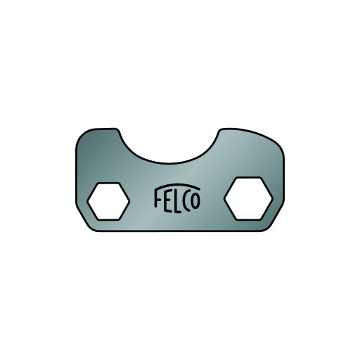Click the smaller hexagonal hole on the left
coord(108,201)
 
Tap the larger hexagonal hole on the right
coord(248,198)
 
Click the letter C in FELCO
coord(186,202)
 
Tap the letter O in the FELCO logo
coord(195,201)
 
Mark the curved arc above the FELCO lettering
coord(177,185)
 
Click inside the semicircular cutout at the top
coord(169,146)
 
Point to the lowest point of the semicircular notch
coord(169,163)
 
